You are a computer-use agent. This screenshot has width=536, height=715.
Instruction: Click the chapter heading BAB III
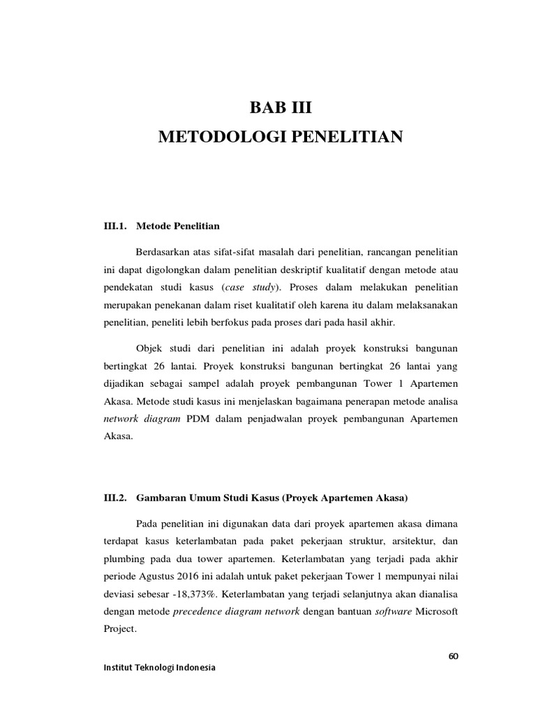click(281, 108)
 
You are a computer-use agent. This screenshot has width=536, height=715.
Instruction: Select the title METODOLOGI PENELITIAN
click(281, 137)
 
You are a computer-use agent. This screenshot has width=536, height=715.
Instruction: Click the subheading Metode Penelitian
click(178, 226)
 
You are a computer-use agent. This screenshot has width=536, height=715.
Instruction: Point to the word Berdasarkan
click(165, 251)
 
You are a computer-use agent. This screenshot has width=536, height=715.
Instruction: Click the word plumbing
click(124, 559)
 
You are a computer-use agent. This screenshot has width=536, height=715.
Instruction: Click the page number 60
click(454, 656)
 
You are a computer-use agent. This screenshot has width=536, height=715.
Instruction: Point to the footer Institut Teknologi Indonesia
click(159, 668)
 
